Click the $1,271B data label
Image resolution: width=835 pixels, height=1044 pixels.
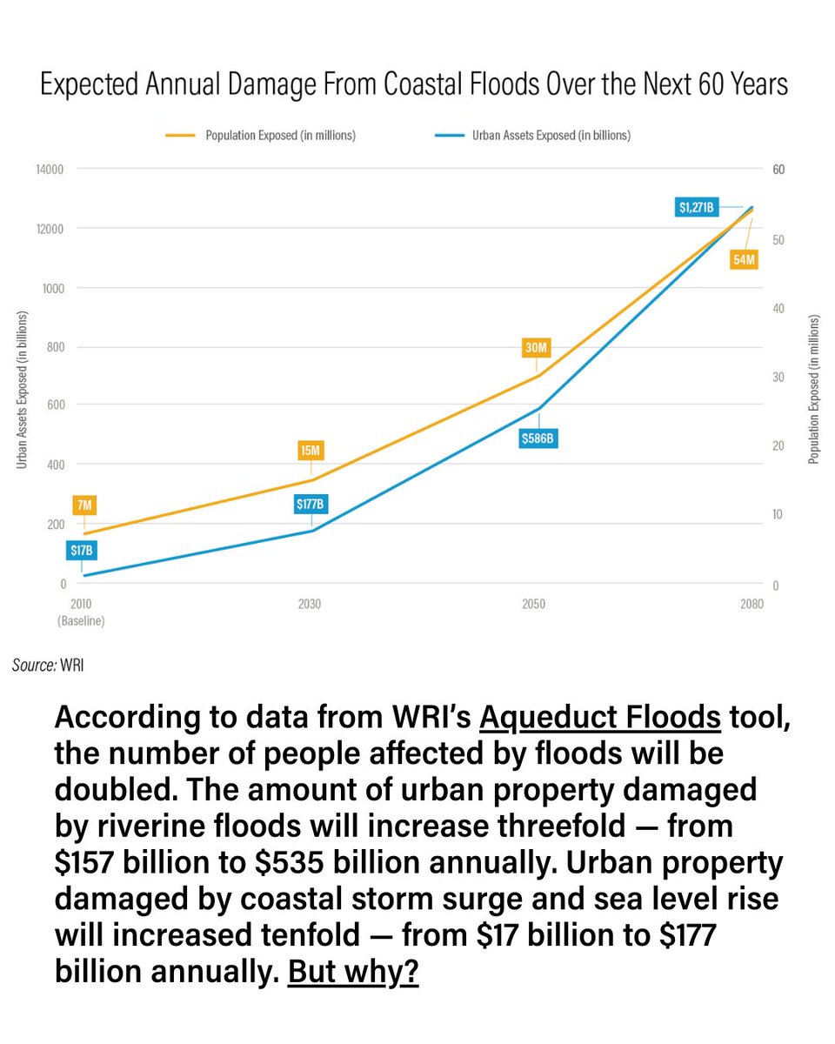[697, 208]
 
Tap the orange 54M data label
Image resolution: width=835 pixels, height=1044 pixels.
[744, 258]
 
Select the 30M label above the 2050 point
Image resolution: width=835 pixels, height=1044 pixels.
[537, 348]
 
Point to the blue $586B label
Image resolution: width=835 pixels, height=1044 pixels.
[537, 438]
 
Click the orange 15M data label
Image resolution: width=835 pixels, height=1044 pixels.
[311, 451]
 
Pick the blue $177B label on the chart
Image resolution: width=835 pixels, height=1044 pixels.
[310, 504]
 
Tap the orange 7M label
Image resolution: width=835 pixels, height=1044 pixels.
[84, 505]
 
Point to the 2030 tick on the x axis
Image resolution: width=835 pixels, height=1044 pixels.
[310, 604]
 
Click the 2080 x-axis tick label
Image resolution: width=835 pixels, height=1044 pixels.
[751, 604]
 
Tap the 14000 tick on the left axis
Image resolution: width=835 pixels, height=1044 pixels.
[50, 170]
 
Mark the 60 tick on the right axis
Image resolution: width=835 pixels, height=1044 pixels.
[778, 170]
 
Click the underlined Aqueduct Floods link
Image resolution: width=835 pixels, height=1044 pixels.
[600, 719]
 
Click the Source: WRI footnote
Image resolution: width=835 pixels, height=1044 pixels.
[48, 666]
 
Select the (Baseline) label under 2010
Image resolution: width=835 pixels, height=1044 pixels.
[81, 621]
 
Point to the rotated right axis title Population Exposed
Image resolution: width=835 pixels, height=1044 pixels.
[814, 389]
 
